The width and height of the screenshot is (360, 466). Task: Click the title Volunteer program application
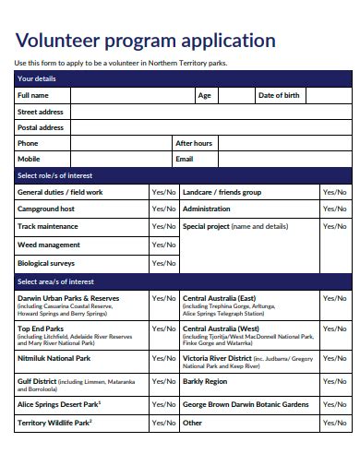click(145, 41)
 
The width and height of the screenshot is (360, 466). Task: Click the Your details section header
click(37, 78)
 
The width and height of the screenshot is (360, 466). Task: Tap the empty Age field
click(234, 95)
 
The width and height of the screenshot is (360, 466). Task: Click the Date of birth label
click(278, 95)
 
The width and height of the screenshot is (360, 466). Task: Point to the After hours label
click(194, 143)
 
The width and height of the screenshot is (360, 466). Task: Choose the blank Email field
click(277, 159)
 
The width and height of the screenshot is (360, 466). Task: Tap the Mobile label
click(29, 159)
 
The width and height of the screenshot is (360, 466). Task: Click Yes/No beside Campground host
click(163, 209)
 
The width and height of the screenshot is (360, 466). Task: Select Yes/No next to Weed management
click(163, 245)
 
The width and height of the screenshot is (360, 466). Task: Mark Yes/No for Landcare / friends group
click(333, 192)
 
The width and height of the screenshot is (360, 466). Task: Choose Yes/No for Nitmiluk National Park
click(163, 358)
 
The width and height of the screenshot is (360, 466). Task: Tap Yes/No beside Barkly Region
click(333, 381)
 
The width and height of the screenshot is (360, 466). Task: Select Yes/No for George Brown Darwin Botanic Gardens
click(333, 404)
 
